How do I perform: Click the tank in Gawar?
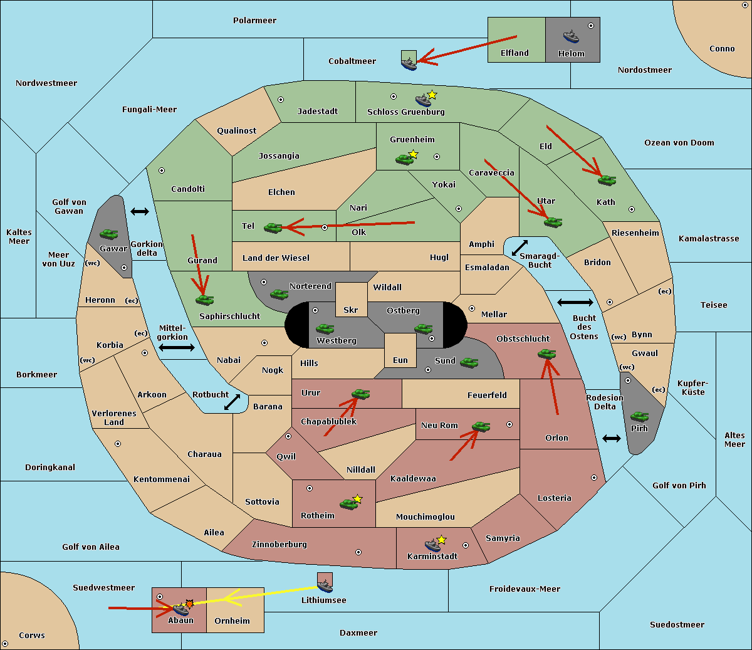(109, 234)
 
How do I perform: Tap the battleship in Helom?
(571, 36)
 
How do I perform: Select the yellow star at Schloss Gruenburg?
(432, 95)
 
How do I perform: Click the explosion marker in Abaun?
(189, 604)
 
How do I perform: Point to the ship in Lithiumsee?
(325, 585)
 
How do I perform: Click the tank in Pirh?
(639, 416)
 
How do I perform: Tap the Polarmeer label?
(254, 21)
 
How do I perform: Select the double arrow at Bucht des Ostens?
(575, 303)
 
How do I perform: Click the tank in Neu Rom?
(481, 427)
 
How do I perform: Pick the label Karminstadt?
(432, 557)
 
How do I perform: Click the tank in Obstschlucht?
(546, 354)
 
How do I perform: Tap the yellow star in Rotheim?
(358, 499)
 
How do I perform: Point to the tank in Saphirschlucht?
(204, 300)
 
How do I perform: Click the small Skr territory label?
(350, 310)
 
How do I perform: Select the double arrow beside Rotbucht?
(232, 402)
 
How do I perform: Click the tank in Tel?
(273, 228)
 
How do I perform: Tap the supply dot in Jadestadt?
(281, 100)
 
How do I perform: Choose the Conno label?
(722, 49)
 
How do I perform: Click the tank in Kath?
(606, 181)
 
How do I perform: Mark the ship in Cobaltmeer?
(409, 63)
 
